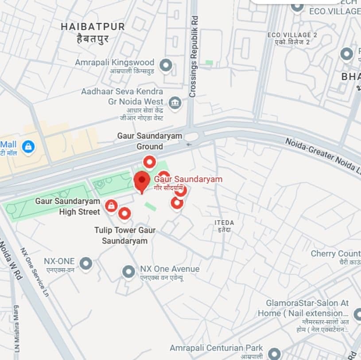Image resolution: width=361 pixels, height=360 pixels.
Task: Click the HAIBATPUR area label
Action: [93, 27]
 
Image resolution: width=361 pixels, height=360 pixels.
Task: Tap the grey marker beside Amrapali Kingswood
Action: [166, 65]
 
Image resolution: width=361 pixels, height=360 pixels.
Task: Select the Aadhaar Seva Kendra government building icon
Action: [175, 103]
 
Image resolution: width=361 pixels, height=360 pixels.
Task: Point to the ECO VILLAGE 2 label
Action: [292, 35]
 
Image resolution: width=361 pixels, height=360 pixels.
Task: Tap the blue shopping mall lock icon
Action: [28, 146]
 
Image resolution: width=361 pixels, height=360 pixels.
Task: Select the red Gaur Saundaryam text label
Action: [188, 179]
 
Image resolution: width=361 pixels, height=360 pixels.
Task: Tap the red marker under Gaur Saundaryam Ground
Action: [149, 162]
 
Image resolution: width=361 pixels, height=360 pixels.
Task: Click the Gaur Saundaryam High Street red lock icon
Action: [111, 205]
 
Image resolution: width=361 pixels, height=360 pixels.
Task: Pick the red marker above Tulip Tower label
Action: [124, 214]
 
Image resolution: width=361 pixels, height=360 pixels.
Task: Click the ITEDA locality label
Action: [224, 223]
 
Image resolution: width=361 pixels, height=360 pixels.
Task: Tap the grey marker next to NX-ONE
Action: [85, 263]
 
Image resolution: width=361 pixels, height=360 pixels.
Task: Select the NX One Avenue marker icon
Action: [128, 271]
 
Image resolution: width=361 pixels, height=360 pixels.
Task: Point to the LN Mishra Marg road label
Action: [17, 328]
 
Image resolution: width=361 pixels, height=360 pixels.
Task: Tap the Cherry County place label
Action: [335, 254]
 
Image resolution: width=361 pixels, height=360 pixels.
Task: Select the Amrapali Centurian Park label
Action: [216, 348]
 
